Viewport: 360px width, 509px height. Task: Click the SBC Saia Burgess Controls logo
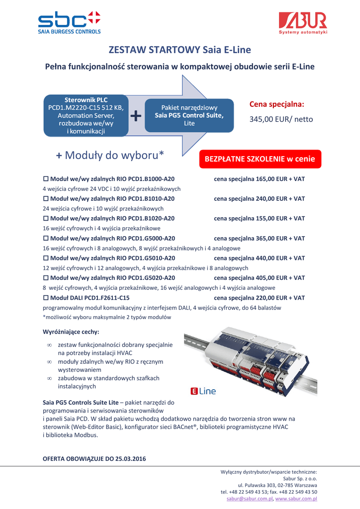[x=70, y=22]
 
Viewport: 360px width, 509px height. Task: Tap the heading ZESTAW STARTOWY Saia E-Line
[x=180, y=50]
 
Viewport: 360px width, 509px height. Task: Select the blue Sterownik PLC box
[x=85, y=115]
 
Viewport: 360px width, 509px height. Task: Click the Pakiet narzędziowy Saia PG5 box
[x=189, y=115]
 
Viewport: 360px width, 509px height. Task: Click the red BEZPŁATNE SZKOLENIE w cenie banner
[x=260, y=159]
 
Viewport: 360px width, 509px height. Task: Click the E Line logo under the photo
[x=203, y=391]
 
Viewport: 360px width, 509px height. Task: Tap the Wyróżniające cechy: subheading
[x=71, y=332]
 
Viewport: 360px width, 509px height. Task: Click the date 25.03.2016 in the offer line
[x=130, y=459]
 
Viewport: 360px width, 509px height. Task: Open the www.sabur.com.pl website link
[x=296, y=498]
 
